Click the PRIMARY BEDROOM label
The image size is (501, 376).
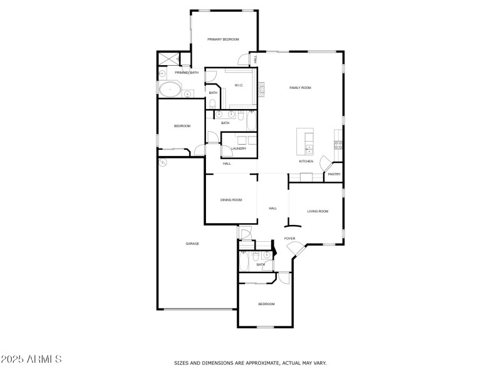[224, 39]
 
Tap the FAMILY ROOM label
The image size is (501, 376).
[300, 88]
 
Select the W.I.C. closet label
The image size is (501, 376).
[239, 85]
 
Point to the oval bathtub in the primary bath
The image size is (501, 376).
[170, 90]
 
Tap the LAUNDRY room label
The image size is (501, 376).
[239, 149]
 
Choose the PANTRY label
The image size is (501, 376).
[334, 174]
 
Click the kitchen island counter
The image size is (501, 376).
[305, 141]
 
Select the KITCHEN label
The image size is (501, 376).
[306, 162]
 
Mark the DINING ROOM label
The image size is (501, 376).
[231, 200]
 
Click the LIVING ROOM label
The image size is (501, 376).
[318, 211]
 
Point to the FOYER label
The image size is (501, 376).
[290, 239]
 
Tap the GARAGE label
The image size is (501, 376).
[192, 243]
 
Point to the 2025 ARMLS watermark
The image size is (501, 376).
[31, 360]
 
